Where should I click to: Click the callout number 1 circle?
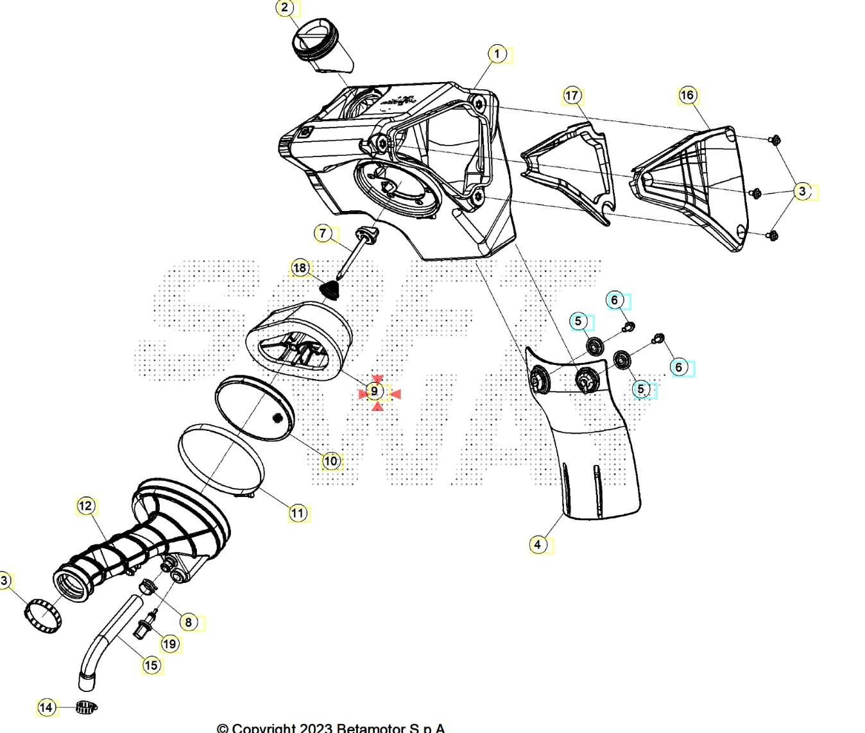point(497,55)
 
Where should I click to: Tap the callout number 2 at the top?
point(286,8)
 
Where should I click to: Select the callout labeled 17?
point(572,96)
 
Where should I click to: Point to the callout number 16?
point(687,96)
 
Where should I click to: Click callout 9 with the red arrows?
point(375,391)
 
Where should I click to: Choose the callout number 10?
point(330,460)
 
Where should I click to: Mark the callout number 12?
point(86,506)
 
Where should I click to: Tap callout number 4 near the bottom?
point(538,544)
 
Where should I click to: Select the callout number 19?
point(169,643)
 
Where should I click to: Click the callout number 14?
point(46,707)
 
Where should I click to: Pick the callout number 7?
point(323,233)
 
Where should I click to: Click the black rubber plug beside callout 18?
point(330,289)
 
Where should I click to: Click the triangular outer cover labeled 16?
point(693,186)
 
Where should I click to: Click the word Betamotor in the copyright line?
point(372,728)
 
